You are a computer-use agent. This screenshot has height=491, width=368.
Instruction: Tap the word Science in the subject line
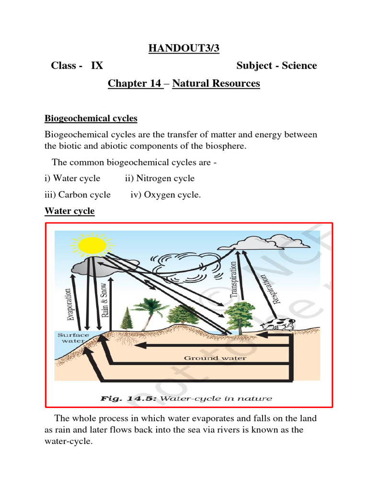click(x=299, y=66)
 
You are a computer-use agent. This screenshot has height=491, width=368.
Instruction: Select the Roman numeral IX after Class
click(x=97, y=66)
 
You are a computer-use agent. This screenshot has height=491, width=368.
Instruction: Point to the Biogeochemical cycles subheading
click(x=91, y=118)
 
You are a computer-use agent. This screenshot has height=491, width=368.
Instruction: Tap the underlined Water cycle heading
click(x=69, y=211)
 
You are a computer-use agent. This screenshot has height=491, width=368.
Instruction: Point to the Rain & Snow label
click(x=105, y=300)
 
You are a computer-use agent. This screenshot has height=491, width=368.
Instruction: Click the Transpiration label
click(x=234, y=280)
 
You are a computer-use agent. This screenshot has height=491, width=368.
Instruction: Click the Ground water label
click(x=215, y=358)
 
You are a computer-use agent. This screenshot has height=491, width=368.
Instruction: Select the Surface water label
click(x=73, y=338)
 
